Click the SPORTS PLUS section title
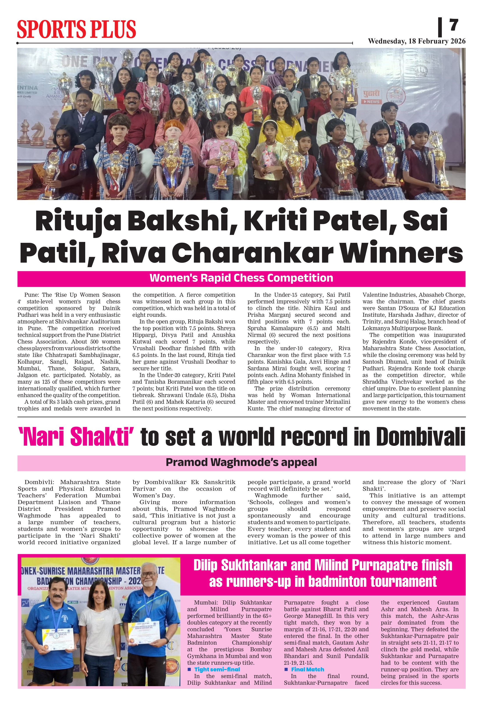76,30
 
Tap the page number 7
453,25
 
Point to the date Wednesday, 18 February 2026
416,41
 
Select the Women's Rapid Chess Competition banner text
241,278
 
